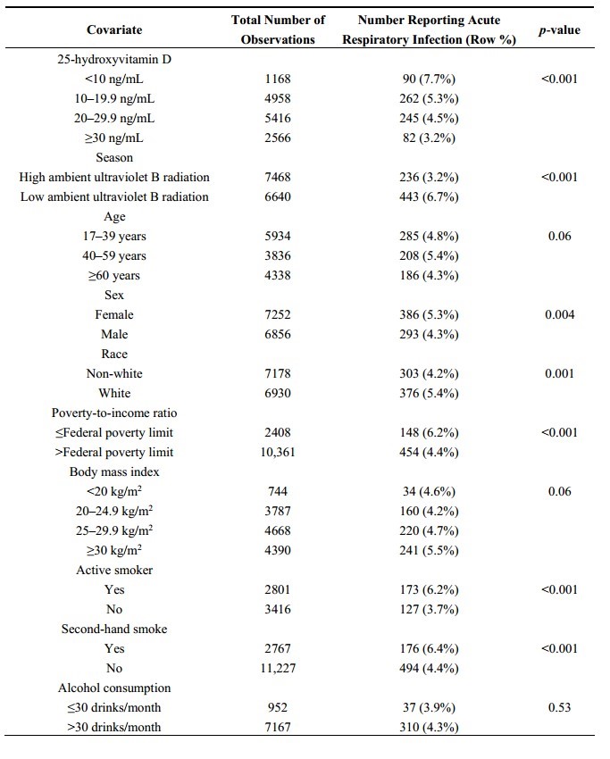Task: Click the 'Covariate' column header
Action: pos(114,30)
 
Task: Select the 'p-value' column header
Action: pos(560,30)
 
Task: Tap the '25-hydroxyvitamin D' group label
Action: pos(114,59)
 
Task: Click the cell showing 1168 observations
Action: pos(278,79)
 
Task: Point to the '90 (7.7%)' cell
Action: pos(429,79)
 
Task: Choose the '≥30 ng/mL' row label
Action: pos(114,138)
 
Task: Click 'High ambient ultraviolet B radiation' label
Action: pos(114,177)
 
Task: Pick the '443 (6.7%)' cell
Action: pos(429,196)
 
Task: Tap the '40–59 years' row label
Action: pos(114,255)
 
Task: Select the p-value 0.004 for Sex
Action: pos(560,314)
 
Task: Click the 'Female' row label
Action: pos(114,314)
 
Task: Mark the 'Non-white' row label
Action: pos(114,373)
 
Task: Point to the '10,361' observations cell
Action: pos(278,452)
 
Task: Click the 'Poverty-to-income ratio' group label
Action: pos(114,413)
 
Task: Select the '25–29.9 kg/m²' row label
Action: pos(114,530)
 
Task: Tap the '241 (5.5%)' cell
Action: pos(429,550)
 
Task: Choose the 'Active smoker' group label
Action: pos(114,570)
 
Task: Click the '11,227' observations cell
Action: pos(278,668)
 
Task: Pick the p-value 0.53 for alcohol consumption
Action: pos(560,707)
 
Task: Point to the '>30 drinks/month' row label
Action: pos(114,727)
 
